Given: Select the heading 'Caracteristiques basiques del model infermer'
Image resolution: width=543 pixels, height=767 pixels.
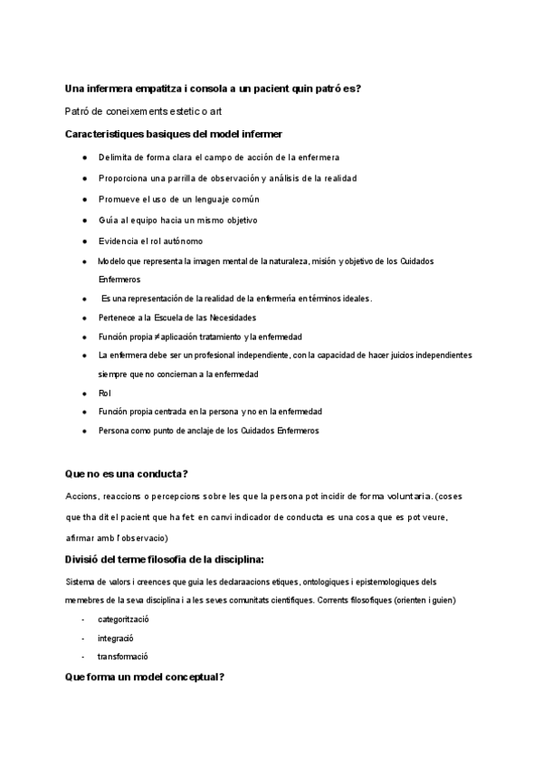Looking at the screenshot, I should pyautogui.click(x=174, y=134).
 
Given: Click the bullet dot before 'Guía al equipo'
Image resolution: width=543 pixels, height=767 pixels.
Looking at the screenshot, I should pyautogui.click(x=83, y=220).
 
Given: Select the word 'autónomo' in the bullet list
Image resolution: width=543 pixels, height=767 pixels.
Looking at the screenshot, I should pyautogui.click(x=185, y=241).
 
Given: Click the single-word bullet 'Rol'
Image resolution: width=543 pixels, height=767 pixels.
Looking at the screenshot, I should pyautogui.click(x=104, y=393).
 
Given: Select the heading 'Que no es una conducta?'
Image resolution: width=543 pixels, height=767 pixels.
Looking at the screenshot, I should pyautogui.click(x=127, y=474).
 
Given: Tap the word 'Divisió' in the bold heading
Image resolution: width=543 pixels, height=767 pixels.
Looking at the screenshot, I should pyautogui.click(x=83, y=558).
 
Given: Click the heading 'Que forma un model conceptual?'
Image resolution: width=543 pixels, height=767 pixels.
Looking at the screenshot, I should pyautogui.click(x=145, y=677).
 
